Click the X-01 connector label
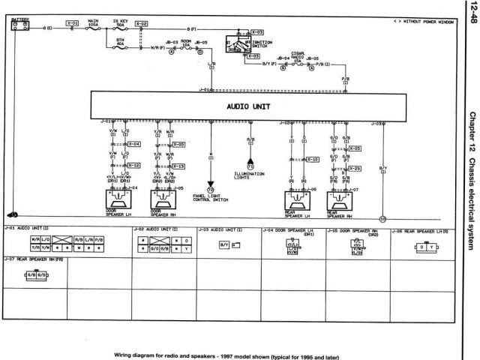click(x=73, y=24)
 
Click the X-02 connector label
click(x=141, y=24)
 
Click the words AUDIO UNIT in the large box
click(x=249, y=106)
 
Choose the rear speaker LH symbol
click(x=298, y=202)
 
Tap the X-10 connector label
click(x=313, y=160)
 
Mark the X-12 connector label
click(x=133, y=166)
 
